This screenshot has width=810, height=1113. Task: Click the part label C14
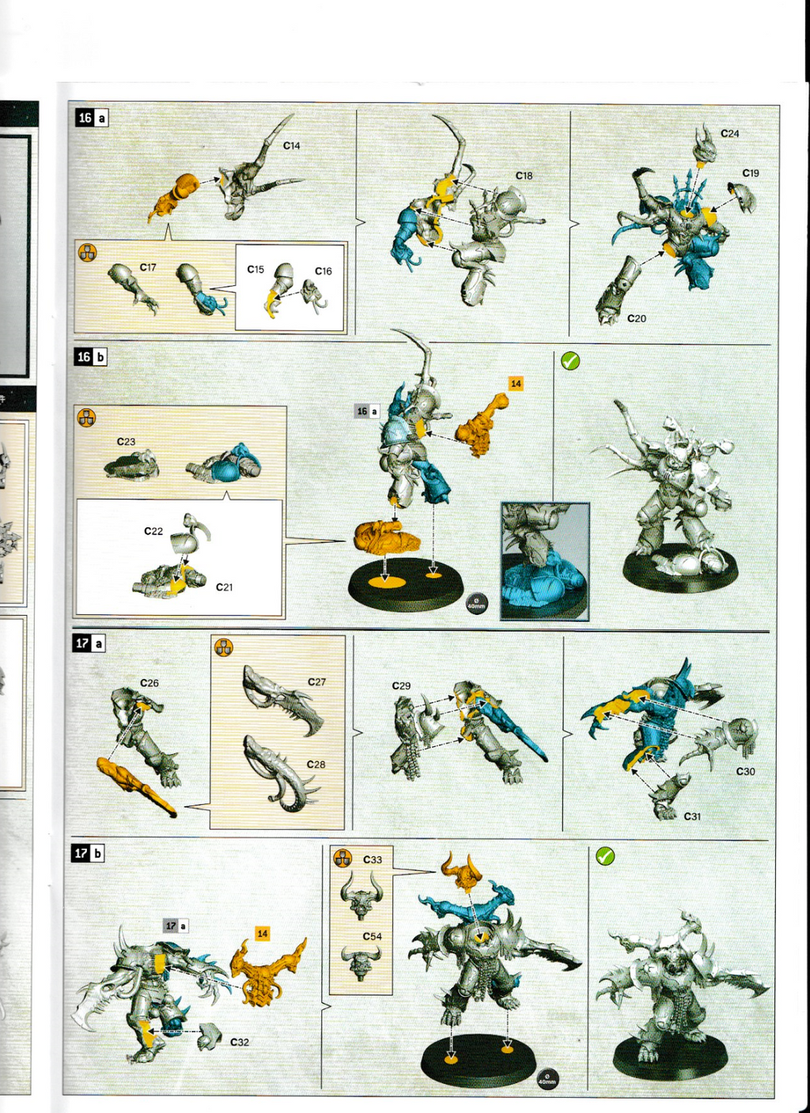(x=291, y=146)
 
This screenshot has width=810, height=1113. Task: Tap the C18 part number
(x=524, y=175)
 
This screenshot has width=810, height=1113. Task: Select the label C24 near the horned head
(x=729, y=134)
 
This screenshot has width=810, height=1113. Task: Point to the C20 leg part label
(x=636, y=319)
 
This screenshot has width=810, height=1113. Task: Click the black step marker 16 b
(x=91, y=357)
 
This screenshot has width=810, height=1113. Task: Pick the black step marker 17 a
(x=89, y=643)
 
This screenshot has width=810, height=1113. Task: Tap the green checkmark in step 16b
(x=570, y=361)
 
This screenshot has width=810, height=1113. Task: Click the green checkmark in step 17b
(x=605, y=856)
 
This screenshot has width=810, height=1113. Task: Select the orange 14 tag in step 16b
(x=516, y=383)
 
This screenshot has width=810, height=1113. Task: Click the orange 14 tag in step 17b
(x=263, y=934)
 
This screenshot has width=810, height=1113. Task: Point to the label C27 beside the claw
(x=316, y=681)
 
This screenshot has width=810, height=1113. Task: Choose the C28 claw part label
(x=316, y=764)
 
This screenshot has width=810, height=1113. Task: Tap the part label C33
(x=372, y=859)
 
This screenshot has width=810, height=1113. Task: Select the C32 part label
(x=239, y=1043)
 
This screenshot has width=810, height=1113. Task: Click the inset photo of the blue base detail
(x=545, y=561)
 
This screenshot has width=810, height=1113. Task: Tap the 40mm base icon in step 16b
(x=476, y=604)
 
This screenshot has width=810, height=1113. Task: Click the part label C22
(x=153, y=531)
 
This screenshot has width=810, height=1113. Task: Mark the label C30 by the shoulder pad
(x=745, y=772)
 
